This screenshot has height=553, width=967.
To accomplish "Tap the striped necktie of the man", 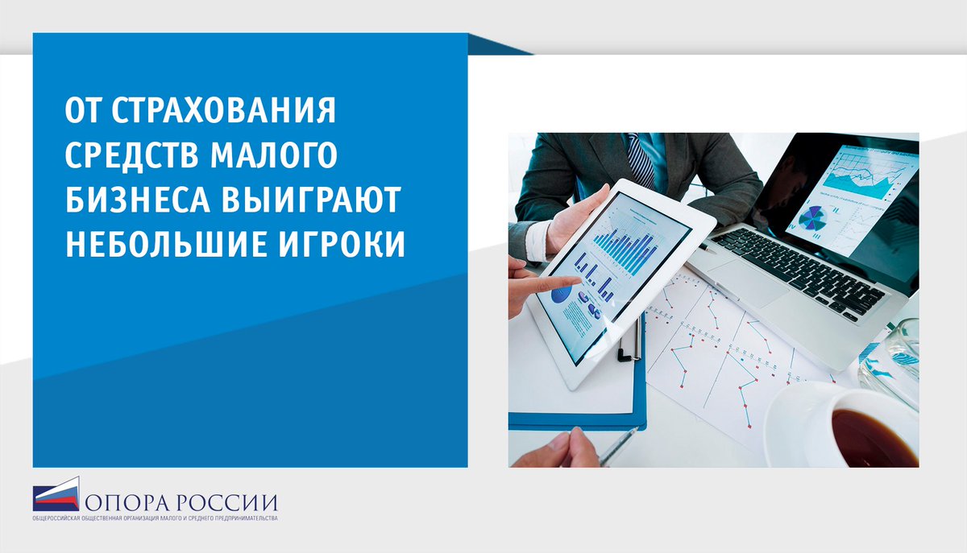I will [641, 160].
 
